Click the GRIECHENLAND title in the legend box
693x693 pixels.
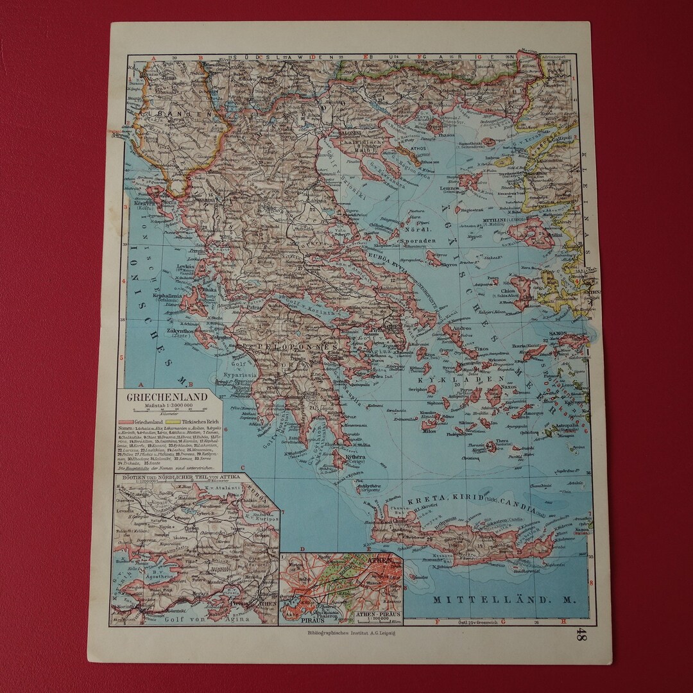[167, 397]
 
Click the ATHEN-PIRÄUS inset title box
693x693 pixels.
[378, 615]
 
